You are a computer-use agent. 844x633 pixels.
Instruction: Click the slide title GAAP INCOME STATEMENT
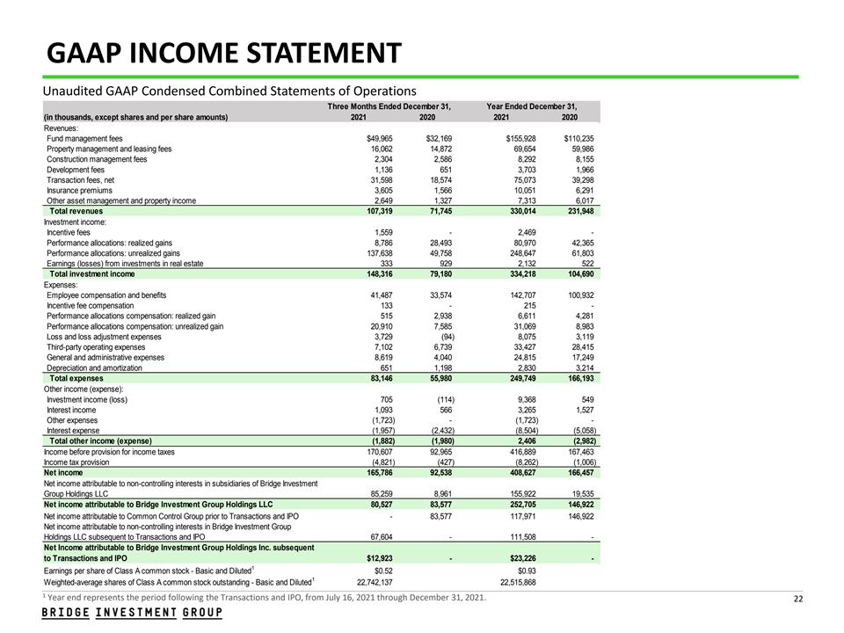tap(223, 54)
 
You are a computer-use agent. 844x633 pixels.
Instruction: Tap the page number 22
tap(798, 600)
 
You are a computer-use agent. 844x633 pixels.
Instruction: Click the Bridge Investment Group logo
tap(132, 613)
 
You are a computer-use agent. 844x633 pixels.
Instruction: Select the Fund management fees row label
tap(84, 138)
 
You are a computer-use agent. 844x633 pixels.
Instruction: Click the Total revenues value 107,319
tap(376, 212)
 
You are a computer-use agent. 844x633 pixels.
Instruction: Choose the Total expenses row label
tap(76, 378)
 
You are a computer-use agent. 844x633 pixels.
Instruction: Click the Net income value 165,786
tap(376, 472)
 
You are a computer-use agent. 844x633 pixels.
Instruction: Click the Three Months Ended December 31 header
tap(389, 106)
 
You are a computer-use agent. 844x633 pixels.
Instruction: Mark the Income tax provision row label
tap(76, 462)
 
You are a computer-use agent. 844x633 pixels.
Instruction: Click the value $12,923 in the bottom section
tap(379, 557)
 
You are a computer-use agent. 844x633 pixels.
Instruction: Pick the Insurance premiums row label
tap(79, 191)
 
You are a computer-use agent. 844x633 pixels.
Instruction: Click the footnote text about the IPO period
tap(264, 599)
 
